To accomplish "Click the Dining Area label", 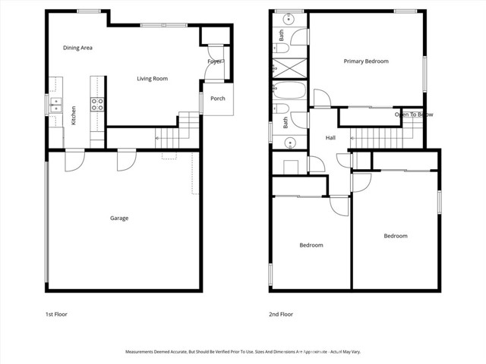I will (x=77, y=48).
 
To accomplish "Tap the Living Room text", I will (x=152, y=78).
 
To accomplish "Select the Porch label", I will (x=218, y=99).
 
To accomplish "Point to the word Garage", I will (x=119, y=218).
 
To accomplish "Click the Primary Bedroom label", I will (x=366, y=61).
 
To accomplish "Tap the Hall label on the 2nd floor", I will (x=331, y=138).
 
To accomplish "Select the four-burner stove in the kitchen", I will (x=97, y=104).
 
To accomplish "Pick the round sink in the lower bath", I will (x=289, y=142).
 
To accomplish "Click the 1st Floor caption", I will (x=57, y=314).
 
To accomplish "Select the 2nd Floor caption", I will (x=281, y=314).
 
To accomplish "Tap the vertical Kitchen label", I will (x=74, y=116).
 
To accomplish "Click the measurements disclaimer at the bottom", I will (x=243, y=352).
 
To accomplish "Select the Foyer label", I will (x=215, y=61).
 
